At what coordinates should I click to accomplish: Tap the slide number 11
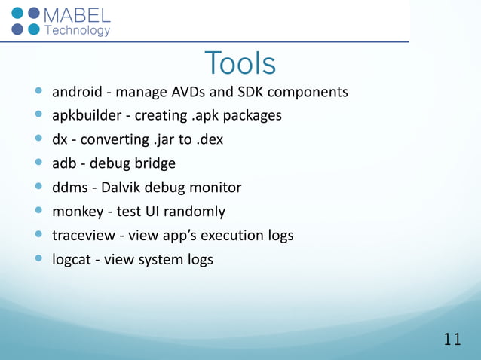452,340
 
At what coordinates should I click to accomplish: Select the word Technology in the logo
78,31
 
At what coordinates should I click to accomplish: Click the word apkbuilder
85,116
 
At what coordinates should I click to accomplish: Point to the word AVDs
194,92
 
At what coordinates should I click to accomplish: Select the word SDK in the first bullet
257,92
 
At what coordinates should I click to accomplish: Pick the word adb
64,163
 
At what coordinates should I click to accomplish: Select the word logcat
72,260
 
